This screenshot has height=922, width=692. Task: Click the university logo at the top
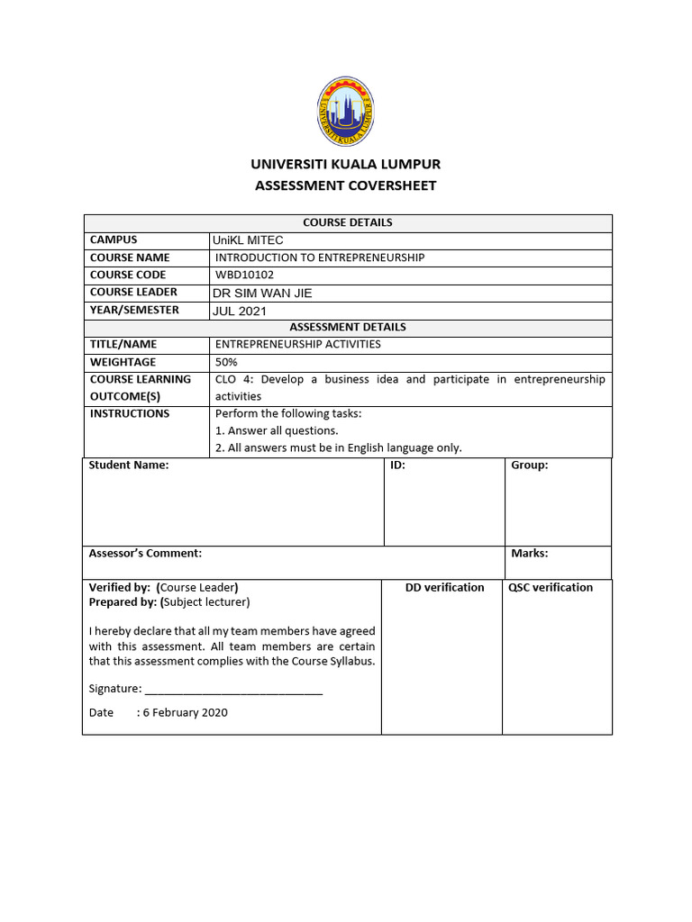[346, 112]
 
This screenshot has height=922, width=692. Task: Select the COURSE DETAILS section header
[347, 222]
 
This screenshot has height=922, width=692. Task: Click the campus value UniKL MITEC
[248, 240]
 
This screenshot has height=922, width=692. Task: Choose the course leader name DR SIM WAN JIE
[262, 293]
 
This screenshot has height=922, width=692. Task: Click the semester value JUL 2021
[240, 311]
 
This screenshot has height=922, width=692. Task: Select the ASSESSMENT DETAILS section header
[347, 327]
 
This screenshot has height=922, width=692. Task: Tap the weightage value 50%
[226, 362]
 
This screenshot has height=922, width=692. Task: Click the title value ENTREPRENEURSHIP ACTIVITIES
[297, 344]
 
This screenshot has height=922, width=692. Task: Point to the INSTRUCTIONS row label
[129, 413]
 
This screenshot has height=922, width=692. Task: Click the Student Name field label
[129, 466]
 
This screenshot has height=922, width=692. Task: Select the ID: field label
[397, 466]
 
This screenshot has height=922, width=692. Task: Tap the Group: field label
[530, 466]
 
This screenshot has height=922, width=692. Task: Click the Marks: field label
[530, 554]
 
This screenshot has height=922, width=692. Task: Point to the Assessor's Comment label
[145, 554]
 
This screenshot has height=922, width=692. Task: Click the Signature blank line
[233, 691]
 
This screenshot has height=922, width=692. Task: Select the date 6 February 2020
[185, 712]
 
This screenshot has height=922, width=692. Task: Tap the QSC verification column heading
[551, 587]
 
